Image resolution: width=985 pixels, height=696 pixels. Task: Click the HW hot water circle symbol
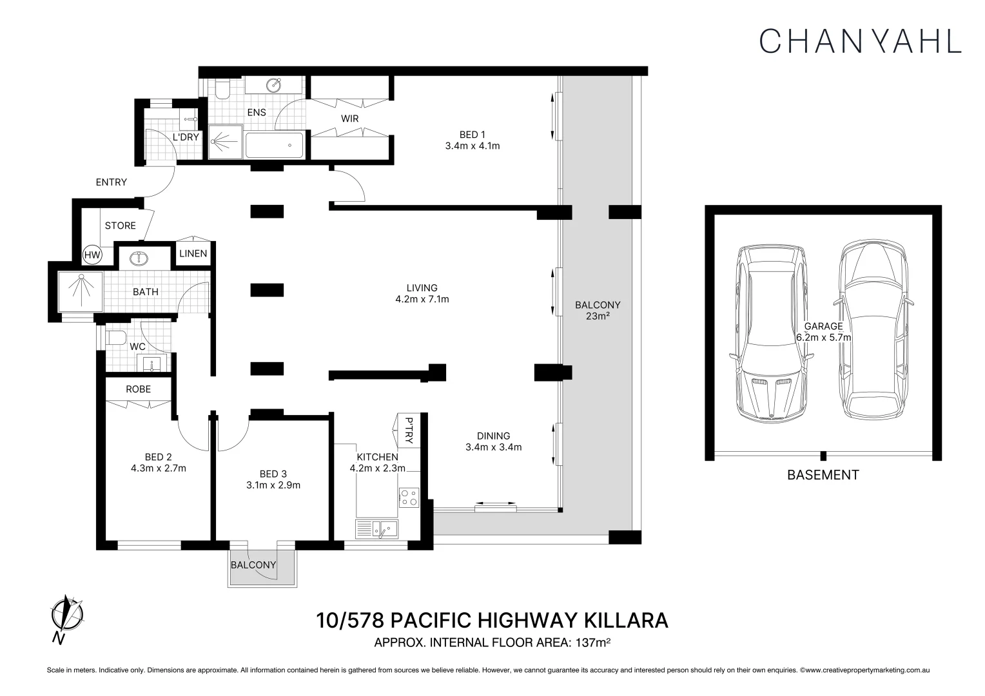(x=92, y=255)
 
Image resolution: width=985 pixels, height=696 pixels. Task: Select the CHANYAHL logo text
(x=861, y=41)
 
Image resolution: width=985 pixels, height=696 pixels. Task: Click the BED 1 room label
(x=473, y=135)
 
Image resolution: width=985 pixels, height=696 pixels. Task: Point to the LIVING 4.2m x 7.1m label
(x=422, y=294)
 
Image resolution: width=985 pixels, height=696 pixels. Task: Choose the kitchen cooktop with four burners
(x=409, y=498)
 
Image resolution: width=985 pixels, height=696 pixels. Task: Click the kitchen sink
(x=377, y=529)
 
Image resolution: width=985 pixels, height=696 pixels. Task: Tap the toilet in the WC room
(x=115, y=338)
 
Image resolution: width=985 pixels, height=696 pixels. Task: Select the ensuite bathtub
(x=275, y=145)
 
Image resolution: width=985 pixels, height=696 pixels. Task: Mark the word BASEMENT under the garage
(x=823, y=475)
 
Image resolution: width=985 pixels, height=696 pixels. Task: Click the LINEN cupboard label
(x=193, y=254)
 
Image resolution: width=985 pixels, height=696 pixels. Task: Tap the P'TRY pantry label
(x=409, y=430)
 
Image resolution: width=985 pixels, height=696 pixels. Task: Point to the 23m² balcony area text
(x=598, y=316)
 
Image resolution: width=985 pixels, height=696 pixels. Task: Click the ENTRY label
(x=112, y=182)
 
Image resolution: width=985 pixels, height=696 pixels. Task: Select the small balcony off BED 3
(x=262, y=568)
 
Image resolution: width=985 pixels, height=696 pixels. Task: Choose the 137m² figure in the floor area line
(x=593, y=643)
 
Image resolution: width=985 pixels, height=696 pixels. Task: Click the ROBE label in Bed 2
(x=138, y=389)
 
